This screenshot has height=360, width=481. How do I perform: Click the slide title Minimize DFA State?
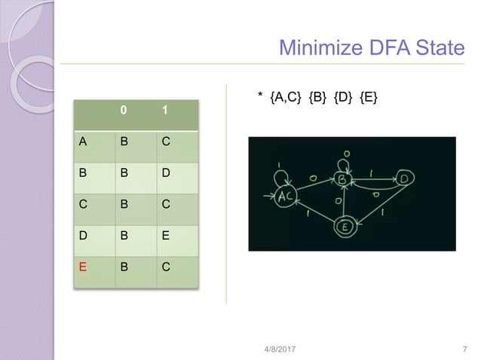(372, 48)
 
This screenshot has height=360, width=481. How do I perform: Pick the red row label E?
(79, 267)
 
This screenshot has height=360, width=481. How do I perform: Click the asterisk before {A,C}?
(259, 96)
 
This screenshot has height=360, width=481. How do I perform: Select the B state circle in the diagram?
(341, 179)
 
